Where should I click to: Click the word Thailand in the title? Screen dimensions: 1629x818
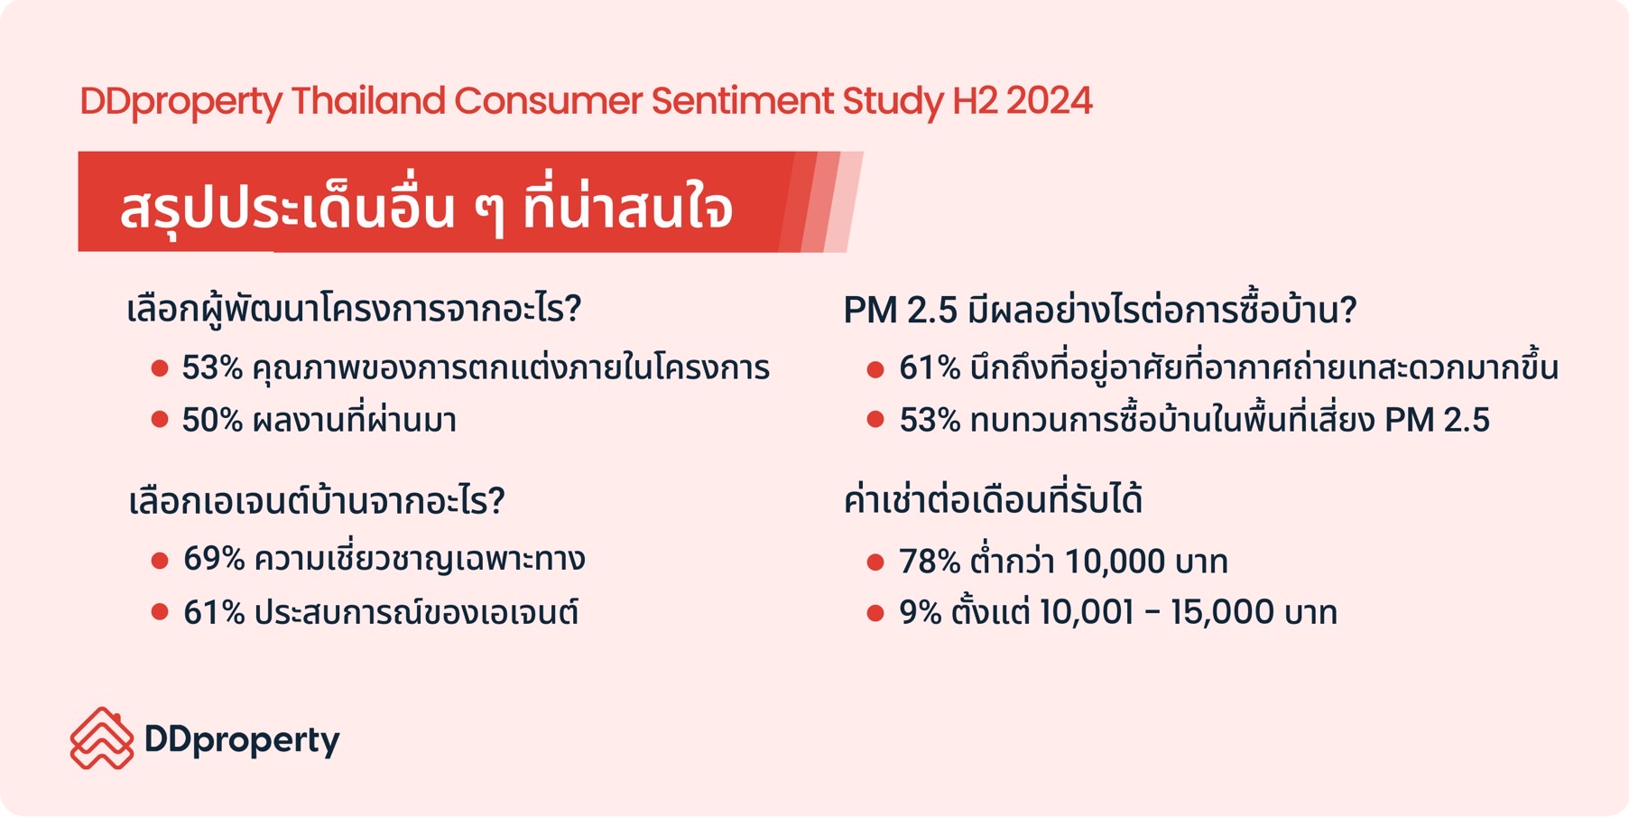pyautogui.click(x=368, y=101)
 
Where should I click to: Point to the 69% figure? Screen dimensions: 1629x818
pyautogui.click(x=214, y=559)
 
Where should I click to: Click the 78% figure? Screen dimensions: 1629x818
pyautogui.click(x=930, y=562)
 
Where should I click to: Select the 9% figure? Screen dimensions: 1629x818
pyautogui.click(x=921, y=612)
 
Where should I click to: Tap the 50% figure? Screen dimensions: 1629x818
pyautogui.click(x=212, y=420)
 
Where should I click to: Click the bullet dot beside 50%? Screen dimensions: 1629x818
pyautogui.click(x=160, y=419)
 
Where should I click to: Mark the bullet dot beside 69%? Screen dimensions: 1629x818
pyautogui.click(x=160, y=561)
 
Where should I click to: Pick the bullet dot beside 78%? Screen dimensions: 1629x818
pyautogui.click(x=875, y=562)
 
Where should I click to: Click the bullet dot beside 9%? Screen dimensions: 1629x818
pyautogui.click(x=875, y=614)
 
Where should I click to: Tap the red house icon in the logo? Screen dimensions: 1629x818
pyautogui.click(x=101, y=739)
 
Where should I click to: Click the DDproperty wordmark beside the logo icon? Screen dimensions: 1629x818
pyautogui.click(x=242, y=741)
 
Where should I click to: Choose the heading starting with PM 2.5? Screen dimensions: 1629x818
pyautogui.click(x=1100, y=310)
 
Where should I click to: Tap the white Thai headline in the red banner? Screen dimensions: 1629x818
pyautogui.click(x=426, y=208)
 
